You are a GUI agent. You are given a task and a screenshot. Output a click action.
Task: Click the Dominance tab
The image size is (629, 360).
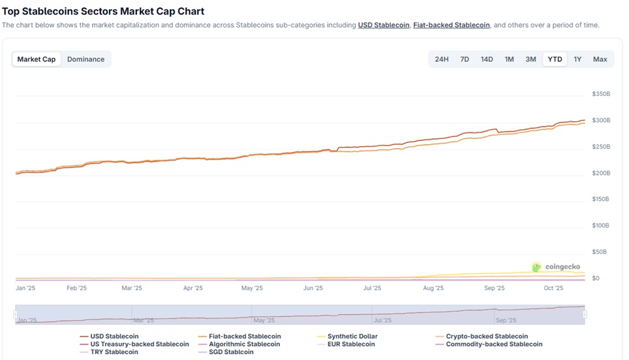click(x=85, y=59)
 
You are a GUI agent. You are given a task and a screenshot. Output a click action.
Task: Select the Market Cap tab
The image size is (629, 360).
click(x=37, y=59)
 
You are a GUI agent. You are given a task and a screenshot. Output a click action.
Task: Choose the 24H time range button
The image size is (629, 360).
click(x=442, y=59)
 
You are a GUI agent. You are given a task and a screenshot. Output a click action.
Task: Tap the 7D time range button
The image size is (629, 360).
click(x=465, y=59)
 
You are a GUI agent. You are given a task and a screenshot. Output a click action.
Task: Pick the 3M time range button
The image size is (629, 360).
click(x=530, y=59)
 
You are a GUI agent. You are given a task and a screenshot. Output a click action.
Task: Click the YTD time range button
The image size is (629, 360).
click(x=555, y=59)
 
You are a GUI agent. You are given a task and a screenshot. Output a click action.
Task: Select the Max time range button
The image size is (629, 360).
click(x=600, y=59)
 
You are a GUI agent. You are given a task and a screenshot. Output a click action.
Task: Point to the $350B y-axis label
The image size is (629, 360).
click(x=600, y=94)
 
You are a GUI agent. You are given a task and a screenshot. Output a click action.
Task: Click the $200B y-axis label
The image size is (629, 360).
click(x=600, y=173)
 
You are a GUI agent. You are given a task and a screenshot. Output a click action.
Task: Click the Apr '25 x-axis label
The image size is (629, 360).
click(x=192, y=288)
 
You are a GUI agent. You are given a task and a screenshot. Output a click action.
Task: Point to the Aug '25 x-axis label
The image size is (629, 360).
click(x=433, y=288)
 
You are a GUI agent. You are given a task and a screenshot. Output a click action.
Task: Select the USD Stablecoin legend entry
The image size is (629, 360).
click(x=114, y=337)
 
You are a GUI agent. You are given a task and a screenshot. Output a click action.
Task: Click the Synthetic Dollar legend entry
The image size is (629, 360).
click(x=352, y=337)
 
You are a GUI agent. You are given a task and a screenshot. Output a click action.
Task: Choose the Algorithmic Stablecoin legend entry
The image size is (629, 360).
click(x=244, y=344)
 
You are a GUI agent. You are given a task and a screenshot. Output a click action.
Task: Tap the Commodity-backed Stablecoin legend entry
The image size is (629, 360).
click(x=493, y=344)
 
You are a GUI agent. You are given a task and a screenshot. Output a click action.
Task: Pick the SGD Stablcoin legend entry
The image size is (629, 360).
click(x=231, y=352)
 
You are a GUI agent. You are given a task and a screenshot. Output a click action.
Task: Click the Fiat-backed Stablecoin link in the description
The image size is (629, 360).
click(x=452, y=25)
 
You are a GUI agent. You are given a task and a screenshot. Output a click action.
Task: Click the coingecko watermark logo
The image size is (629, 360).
click(x=555, y=267)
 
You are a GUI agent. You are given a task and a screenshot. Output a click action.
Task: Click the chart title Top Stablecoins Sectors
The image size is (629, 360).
click(x=103, y=11)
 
